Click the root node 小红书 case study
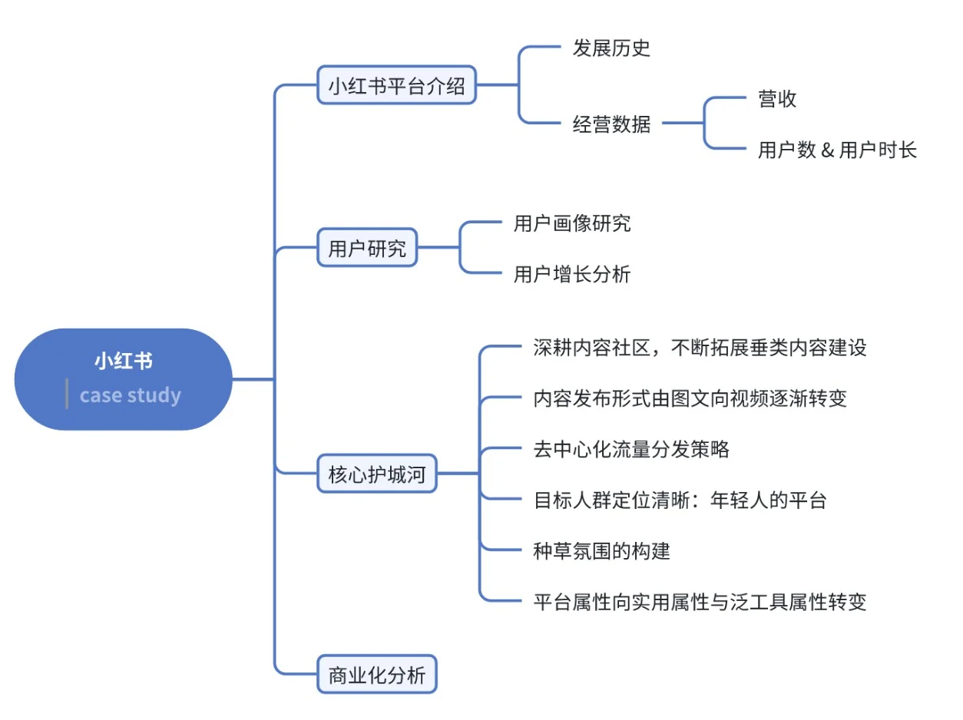click(123, 378)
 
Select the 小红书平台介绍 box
click(396, 85)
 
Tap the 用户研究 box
click(367, 248)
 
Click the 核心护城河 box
click(376, 474)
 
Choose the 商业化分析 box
click(376, 675)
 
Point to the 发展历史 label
click(611, 48)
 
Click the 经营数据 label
click(611, 124)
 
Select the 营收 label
click(777, 98)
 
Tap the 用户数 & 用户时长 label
click(837, 150)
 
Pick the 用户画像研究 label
click(572, 223)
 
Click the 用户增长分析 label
click(572, 274)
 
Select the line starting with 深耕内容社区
click(700, 348)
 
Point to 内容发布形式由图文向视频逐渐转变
click(690, 398)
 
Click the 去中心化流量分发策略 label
click(631, 449)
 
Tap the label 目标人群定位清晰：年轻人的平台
click(680, 500)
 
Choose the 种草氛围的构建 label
click(601, 550)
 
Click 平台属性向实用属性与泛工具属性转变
click(700, 601)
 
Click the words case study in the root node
click(131, 395)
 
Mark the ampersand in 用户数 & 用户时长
click(827, 150)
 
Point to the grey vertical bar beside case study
click(67, 394)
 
